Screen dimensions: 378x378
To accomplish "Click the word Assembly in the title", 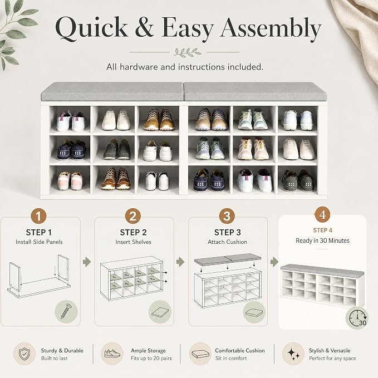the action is tap(271, 30).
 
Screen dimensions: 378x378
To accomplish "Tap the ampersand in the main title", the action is tap(144, 27).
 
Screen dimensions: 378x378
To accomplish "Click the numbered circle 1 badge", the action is tap(38, 216).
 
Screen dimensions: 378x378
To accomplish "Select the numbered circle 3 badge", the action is tap(227, 216).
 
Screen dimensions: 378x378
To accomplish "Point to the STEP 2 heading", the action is tap(133, 232).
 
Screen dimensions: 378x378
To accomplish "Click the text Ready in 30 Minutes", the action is tap(322, 240).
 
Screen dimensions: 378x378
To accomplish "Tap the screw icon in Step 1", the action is tap(66, 312).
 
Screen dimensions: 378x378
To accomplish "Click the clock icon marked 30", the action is tap(357, 318).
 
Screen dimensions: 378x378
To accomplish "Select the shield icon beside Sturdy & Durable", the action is tap(24, 354).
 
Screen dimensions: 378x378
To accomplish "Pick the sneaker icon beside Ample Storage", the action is tap(112, 354).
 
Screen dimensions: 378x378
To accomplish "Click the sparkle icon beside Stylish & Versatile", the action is tap(293, 354).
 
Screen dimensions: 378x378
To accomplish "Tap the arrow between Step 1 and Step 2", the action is tap(87, 262).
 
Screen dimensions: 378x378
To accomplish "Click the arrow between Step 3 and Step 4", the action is tap(274, 262).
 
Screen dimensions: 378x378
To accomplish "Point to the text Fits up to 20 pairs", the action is tap(151, 358).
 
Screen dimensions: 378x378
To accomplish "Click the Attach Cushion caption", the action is tap(227, 242).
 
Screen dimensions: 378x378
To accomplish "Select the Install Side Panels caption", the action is tap(39, 242).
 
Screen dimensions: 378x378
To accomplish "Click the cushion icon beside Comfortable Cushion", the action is tap(200, 354).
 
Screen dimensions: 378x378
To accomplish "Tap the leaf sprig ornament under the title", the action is tap(188, 52).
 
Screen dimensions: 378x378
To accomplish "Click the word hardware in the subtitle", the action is tap(139, 67).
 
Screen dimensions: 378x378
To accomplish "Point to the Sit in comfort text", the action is tap(231, 358).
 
